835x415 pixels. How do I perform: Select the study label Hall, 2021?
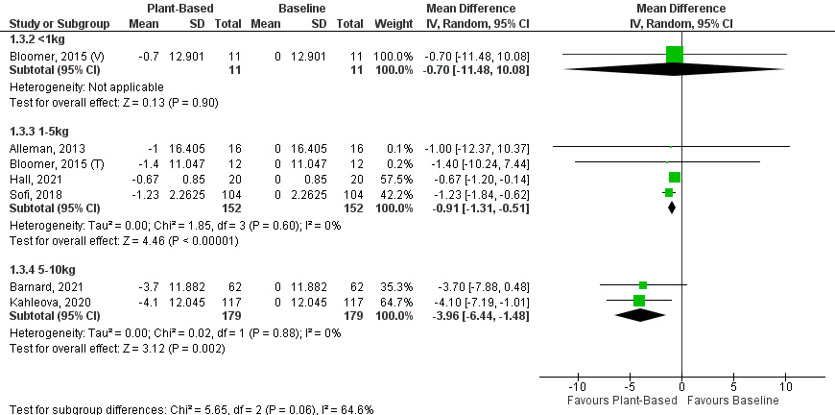click(x=29, y=178)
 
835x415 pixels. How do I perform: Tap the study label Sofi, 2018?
click(x=29, y=192)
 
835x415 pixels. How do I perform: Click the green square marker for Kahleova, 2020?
click(x=639, y=301)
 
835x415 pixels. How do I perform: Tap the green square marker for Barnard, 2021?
click(x=643, y=285)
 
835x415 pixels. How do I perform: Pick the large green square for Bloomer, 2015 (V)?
click(x=674, y=55)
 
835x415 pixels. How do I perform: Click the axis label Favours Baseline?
click(x=737, y=400)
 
